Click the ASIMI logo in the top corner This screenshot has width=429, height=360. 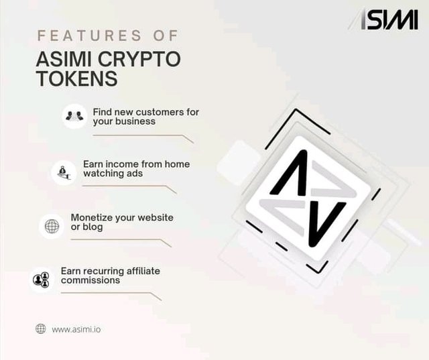click(383, 19)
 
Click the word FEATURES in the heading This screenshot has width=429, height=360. click(89, 36)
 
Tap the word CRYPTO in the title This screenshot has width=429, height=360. click(139, 59)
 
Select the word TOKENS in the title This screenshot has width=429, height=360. click(77, 78)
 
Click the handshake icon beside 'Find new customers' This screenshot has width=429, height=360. click(74, 116)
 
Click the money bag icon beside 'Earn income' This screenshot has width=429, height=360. click(64, 173)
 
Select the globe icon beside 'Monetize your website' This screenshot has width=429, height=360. click(52, 226)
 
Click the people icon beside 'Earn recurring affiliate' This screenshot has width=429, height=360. click(41, 280)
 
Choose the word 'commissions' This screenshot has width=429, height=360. click(90, 280)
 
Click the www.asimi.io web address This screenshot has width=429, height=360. click(76, 329)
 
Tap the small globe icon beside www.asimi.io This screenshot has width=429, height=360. click(41, 328)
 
